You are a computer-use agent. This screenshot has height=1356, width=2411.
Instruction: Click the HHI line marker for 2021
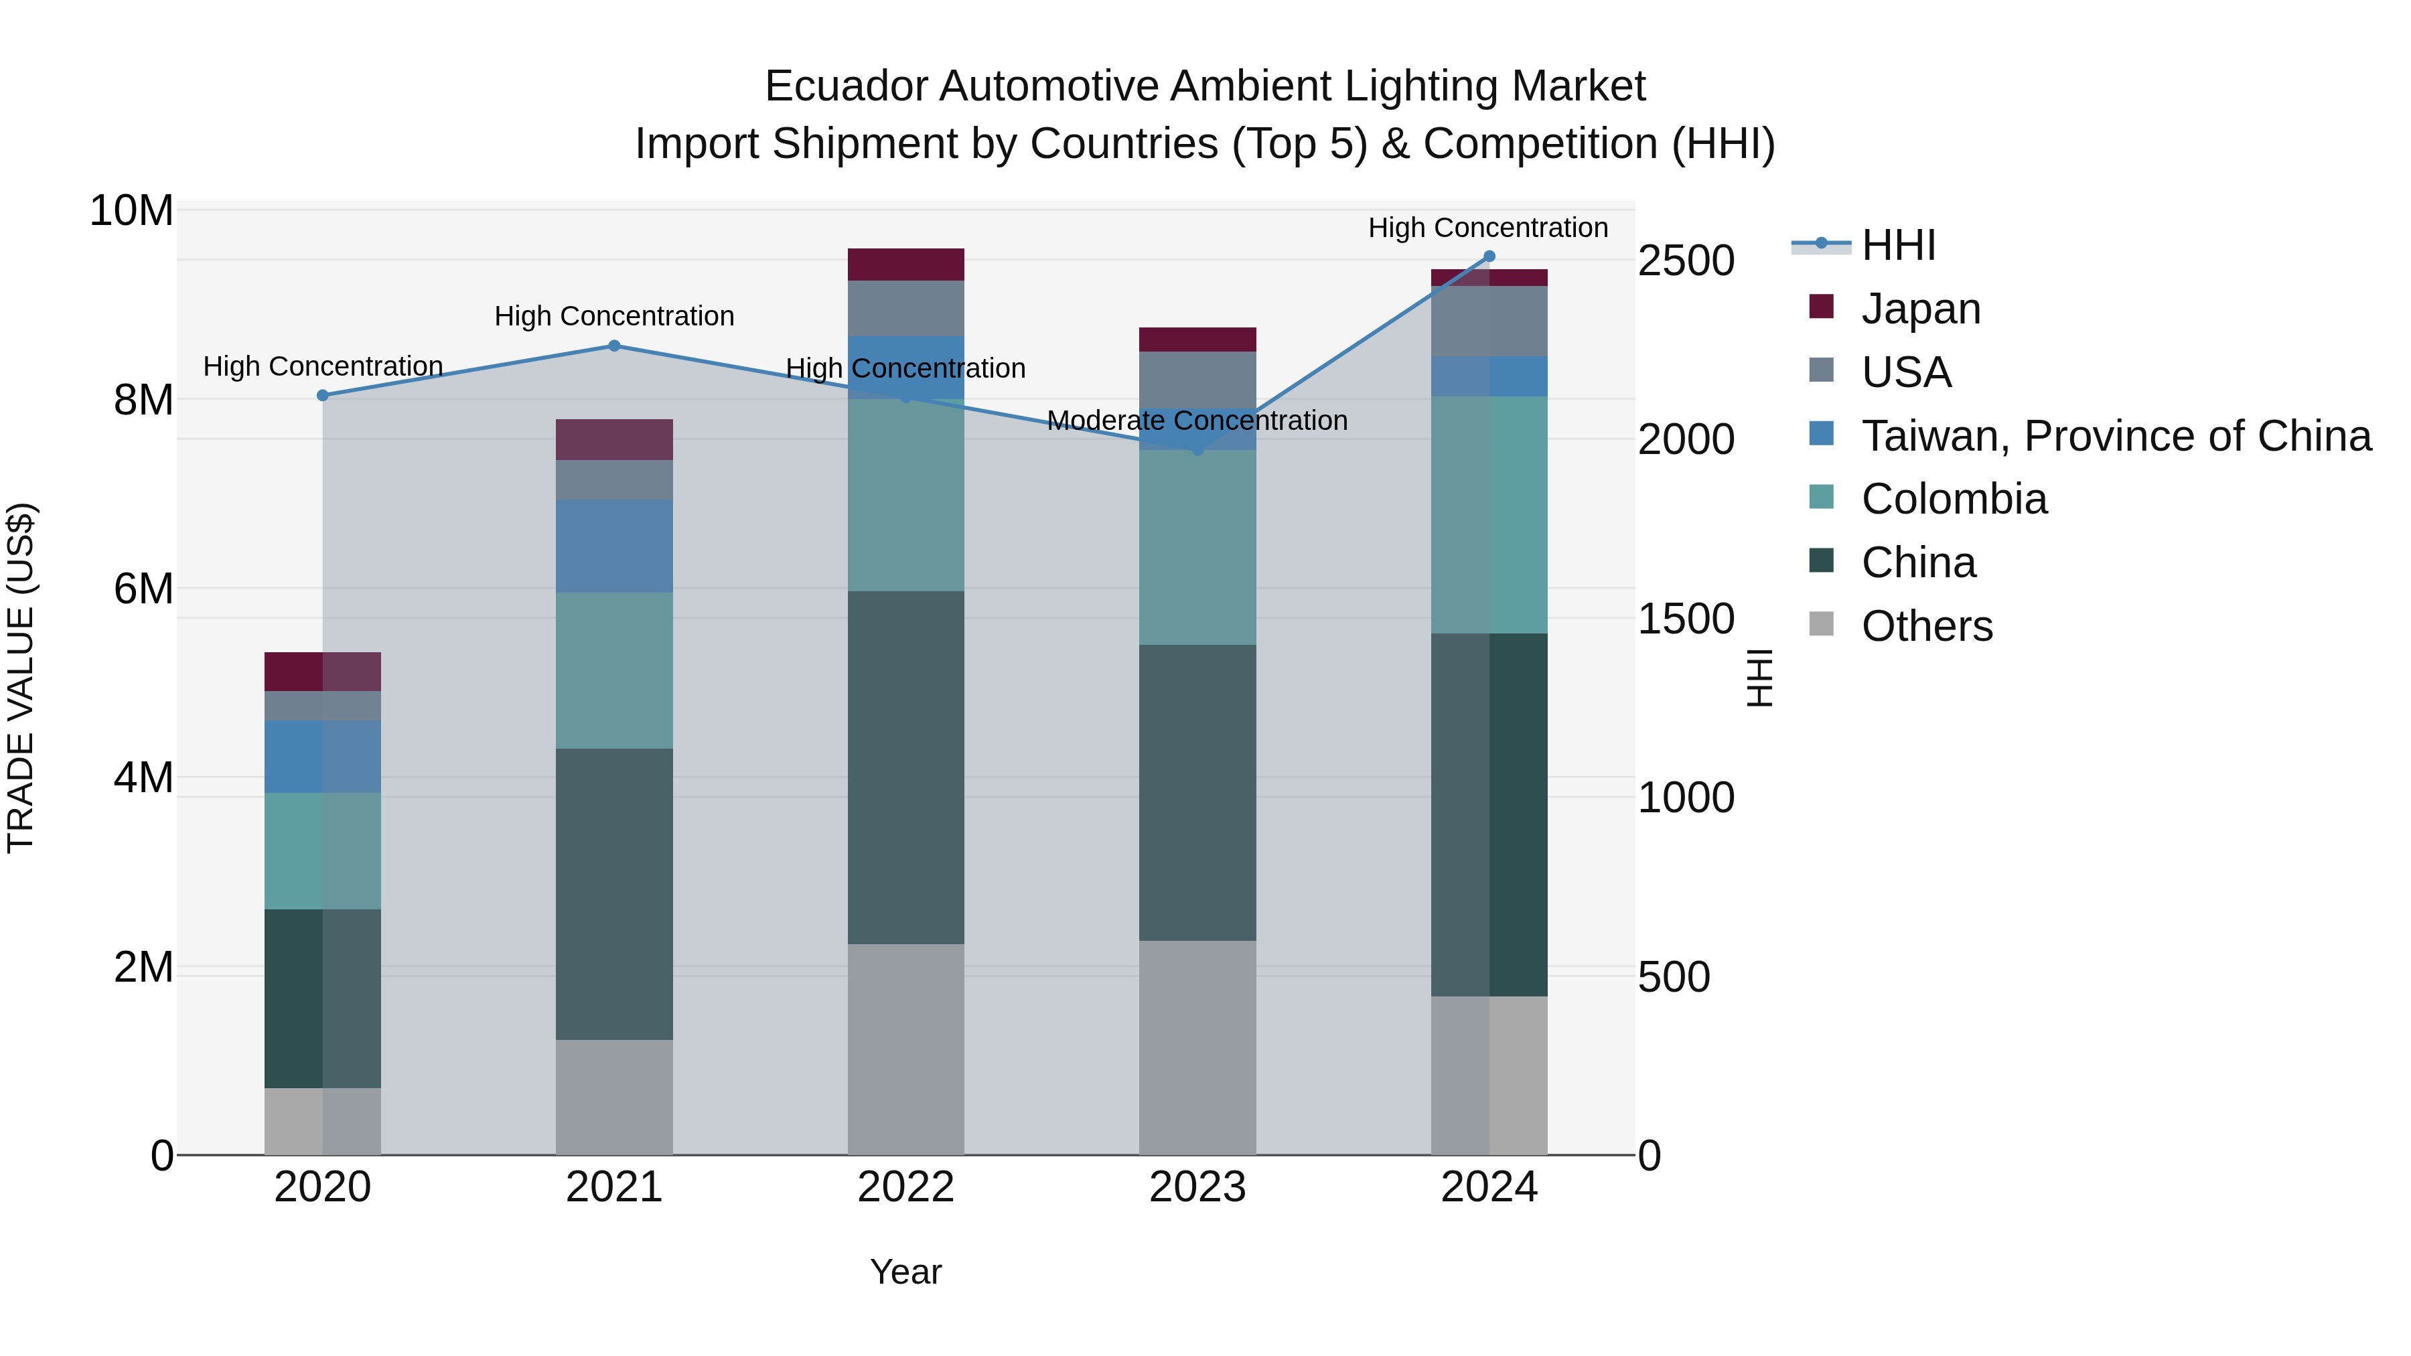click(614, 346)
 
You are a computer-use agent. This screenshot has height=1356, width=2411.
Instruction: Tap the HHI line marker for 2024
click(1489, 256)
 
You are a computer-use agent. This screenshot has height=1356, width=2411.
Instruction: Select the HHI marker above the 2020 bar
click(323, 395)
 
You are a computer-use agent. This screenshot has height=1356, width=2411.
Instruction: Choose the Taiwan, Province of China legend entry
click(2115, 436)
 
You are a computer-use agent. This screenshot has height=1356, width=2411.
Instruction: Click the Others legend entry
click(1926, 626)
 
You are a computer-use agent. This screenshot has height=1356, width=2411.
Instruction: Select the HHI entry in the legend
click(1897, 245)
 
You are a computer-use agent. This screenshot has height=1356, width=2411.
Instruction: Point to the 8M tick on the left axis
click(143, 400)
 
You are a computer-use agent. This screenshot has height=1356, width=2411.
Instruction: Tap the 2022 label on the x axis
click(905, 1187)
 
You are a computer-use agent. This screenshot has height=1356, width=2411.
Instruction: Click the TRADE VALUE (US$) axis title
click(21, 678)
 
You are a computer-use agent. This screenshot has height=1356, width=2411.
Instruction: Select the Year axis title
click(905, 1272)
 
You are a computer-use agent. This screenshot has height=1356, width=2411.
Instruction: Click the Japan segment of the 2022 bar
click(905, 265)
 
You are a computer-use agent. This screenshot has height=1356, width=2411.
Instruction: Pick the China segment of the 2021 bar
click(614, 894)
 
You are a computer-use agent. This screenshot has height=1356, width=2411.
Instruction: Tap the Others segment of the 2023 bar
click(1197, 1047)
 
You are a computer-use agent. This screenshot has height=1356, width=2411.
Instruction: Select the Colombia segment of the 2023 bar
click(1197, 548)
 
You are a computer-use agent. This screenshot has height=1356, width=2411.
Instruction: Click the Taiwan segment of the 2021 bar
click(614, 546)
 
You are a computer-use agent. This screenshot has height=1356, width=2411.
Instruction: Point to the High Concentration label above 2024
click(1488, 228)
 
